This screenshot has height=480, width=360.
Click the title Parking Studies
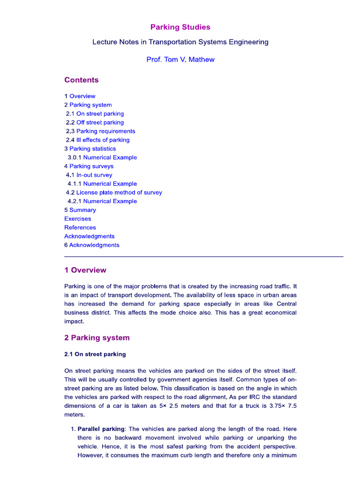tap(180, 27)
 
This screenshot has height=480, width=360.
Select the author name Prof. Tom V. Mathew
tap(180, 60)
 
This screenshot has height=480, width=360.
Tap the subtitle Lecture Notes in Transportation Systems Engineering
tap(180, 42)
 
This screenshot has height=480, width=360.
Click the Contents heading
tap(82, 80)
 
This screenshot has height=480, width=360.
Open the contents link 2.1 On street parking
tap(95, 114)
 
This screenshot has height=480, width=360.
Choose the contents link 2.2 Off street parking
tap(95, 122)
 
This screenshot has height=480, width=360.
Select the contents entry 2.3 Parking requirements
tap(100, 131)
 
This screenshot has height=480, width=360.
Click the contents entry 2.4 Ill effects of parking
tap(97, 140)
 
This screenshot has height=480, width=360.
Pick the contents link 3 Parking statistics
tap(90, 149)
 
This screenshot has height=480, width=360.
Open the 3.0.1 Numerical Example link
tap(102, 157)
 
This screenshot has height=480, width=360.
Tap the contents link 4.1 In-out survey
tap(89, 175)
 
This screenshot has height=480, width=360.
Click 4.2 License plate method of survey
tap(114, 193)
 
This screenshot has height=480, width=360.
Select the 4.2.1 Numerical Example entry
tap(102, 201)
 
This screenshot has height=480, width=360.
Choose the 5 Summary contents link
tap(80, 210)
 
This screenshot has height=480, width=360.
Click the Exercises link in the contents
tap(78, 219)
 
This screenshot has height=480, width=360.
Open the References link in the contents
tap(80, 227)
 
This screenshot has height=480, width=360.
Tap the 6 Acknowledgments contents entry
tap(92, 245)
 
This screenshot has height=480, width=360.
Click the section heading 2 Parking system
tap(97, 338)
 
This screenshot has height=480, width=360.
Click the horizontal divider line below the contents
tap(203, 256)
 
